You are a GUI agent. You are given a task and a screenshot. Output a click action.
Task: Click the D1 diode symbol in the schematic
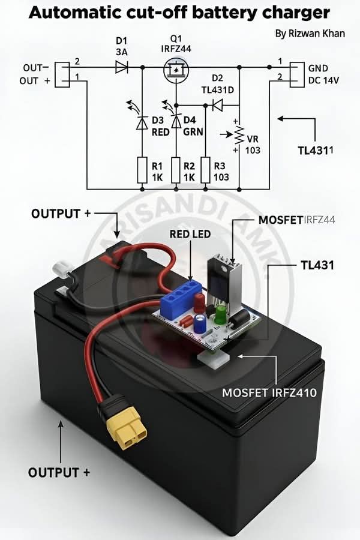tap(122, 67)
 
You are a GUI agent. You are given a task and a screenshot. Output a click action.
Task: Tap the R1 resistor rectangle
tap(142, 170)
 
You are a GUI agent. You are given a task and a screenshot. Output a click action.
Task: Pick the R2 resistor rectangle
tap(176, 170)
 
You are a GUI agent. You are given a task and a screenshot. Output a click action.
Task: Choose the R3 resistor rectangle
tap(206, 170)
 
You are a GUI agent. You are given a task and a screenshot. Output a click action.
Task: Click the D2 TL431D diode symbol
tap(217, 105)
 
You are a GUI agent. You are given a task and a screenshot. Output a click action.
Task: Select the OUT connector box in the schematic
tap(62, 74)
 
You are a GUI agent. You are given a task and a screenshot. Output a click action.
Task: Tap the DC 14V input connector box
tap(297, 74)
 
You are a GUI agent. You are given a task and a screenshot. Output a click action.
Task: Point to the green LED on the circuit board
tap(220, 315)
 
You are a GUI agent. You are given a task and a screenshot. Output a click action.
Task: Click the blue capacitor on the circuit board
tap(199, 323)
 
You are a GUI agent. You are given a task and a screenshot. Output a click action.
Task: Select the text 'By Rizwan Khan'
tap(310, 34)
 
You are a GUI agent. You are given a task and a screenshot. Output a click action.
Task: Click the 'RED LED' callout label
tap(190, 234)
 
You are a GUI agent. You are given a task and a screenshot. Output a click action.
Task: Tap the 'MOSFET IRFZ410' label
tap(269, 392)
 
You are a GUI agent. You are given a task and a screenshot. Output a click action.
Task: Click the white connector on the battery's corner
tap(61, 267)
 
